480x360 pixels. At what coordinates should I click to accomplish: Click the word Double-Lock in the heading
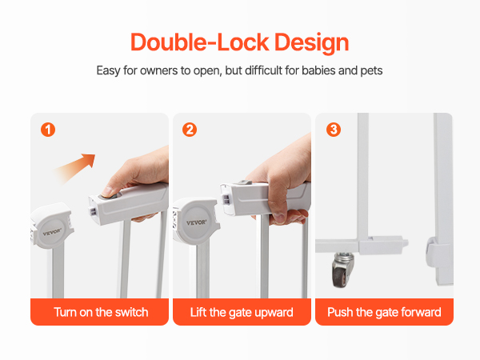(200, 42)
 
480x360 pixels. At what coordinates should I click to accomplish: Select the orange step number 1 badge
(48, 130)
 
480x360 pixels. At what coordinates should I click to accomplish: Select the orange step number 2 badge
(190, 130)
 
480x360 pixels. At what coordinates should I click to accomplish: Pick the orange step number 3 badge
(334, 130)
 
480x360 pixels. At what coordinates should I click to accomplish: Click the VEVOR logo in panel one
(52, 232)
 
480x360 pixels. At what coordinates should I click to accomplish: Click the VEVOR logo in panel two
(196, 222)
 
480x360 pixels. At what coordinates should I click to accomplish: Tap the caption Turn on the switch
(101, 312)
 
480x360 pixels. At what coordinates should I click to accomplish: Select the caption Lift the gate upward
(242, 313)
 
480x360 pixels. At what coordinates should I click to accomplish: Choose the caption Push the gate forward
(384, 313)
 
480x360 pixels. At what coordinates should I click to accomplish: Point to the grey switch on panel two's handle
(244, 182)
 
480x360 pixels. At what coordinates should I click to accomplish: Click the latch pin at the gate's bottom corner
(405, 243)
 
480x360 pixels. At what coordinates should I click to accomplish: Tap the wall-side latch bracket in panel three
(432, 252)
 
